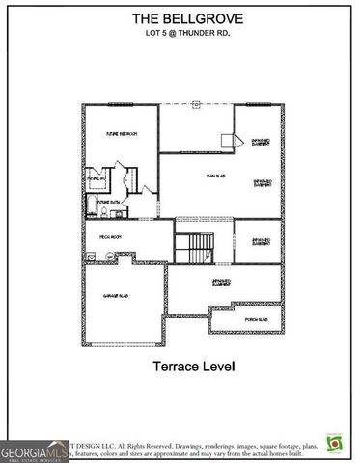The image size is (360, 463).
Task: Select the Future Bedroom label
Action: [x=121, y=134]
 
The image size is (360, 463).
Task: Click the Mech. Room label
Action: [x=109, y=235]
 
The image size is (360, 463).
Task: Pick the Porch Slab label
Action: [x=256, y=318]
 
